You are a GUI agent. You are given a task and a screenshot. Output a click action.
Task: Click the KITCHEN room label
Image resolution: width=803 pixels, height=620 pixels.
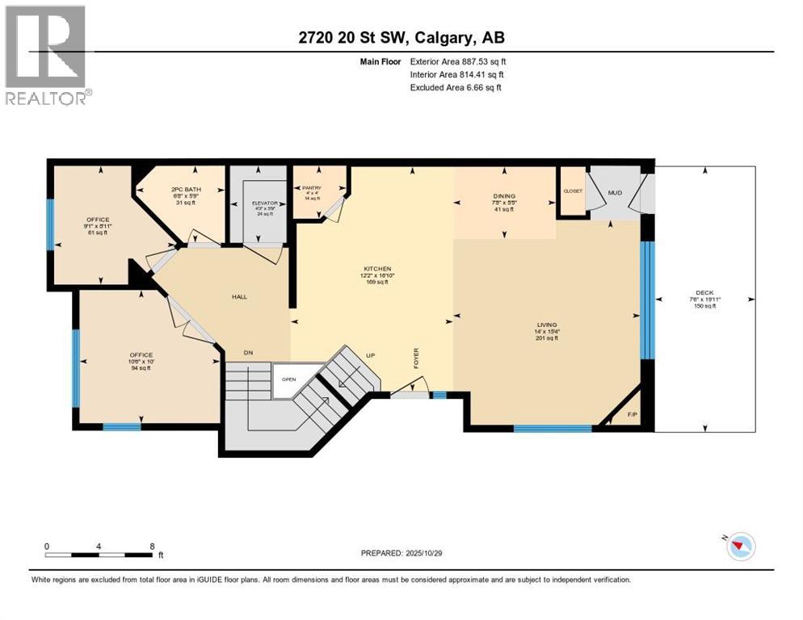pos(377,268)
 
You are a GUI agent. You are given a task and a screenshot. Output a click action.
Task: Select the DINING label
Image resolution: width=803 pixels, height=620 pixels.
pos(504,196)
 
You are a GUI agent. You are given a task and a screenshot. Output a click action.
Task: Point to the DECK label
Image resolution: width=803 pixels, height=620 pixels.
pos(704,293)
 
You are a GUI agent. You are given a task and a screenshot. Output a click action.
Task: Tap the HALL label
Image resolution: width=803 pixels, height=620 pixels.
pos(238,296)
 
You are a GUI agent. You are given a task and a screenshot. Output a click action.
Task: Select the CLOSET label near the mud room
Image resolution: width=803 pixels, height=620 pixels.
pos(573,191)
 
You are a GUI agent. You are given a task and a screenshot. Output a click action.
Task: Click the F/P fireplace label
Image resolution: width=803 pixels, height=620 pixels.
pos(632,416)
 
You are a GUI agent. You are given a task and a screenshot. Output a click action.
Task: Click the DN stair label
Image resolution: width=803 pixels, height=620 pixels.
pos(250,352)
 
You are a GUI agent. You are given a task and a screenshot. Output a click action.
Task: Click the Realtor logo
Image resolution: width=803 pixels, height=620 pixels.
pos(45,55)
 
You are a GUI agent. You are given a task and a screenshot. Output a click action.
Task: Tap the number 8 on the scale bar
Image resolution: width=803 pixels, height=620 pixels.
pos(152,546)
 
